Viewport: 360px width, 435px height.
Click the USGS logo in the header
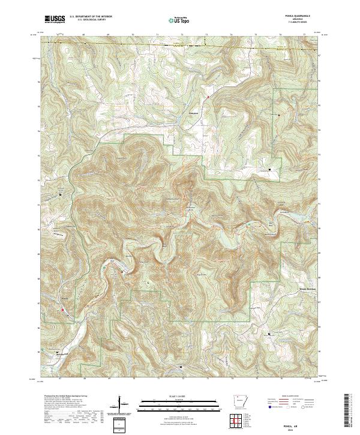tap(55, 19)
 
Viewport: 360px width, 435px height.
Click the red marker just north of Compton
tap(208, 97)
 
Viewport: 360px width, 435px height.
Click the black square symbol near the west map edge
tap(60, 194)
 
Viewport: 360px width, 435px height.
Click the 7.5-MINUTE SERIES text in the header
tap(304, 24)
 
